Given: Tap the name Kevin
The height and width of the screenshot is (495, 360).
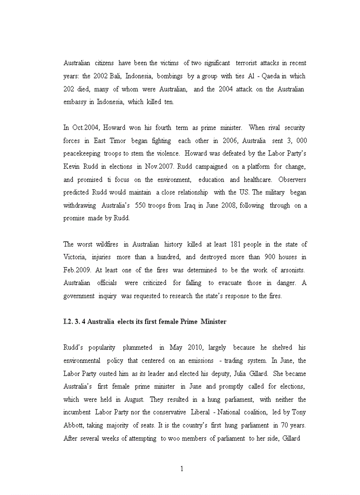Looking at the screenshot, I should (72, 167).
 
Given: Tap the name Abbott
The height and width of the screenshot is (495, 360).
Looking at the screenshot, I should (73, 425).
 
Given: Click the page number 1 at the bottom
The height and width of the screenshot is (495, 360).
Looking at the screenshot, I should (181, 469).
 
